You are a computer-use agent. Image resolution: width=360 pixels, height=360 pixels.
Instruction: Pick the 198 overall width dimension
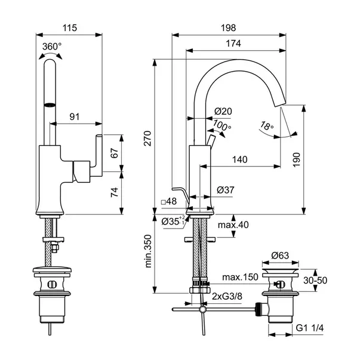[229, 27]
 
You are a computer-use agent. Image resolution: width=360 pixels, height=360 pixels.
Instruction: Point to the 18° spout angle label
[267, 126]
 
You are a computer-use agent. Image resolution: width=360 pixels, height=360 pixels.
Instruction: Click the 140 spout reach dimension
[240, 159]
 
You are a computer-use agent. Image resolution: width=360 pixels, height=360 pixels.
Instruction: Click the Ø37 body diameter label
[225, 189]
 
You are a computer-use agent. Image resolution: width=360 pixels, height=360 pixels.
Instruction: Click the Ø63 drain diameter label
[281, 256]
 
